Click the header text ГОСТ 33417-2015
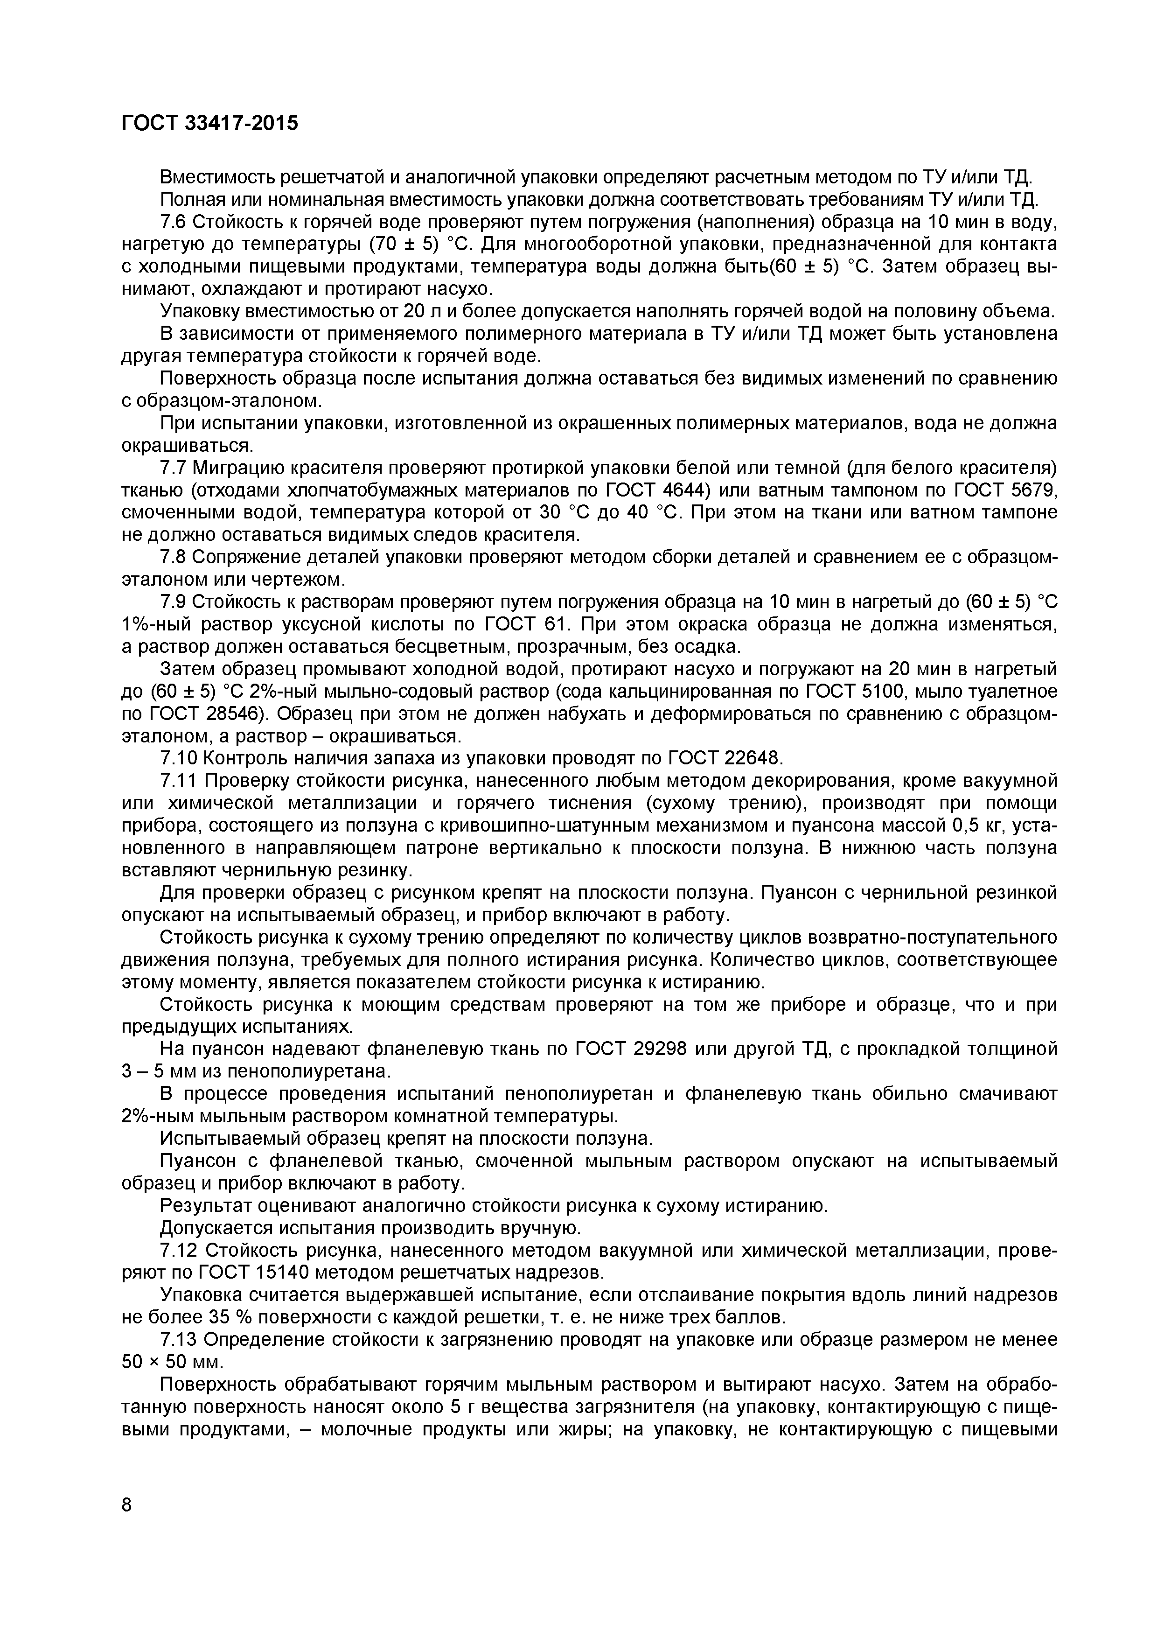[x=209, y=123]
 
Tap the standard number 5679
[x=1029, y=490]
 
